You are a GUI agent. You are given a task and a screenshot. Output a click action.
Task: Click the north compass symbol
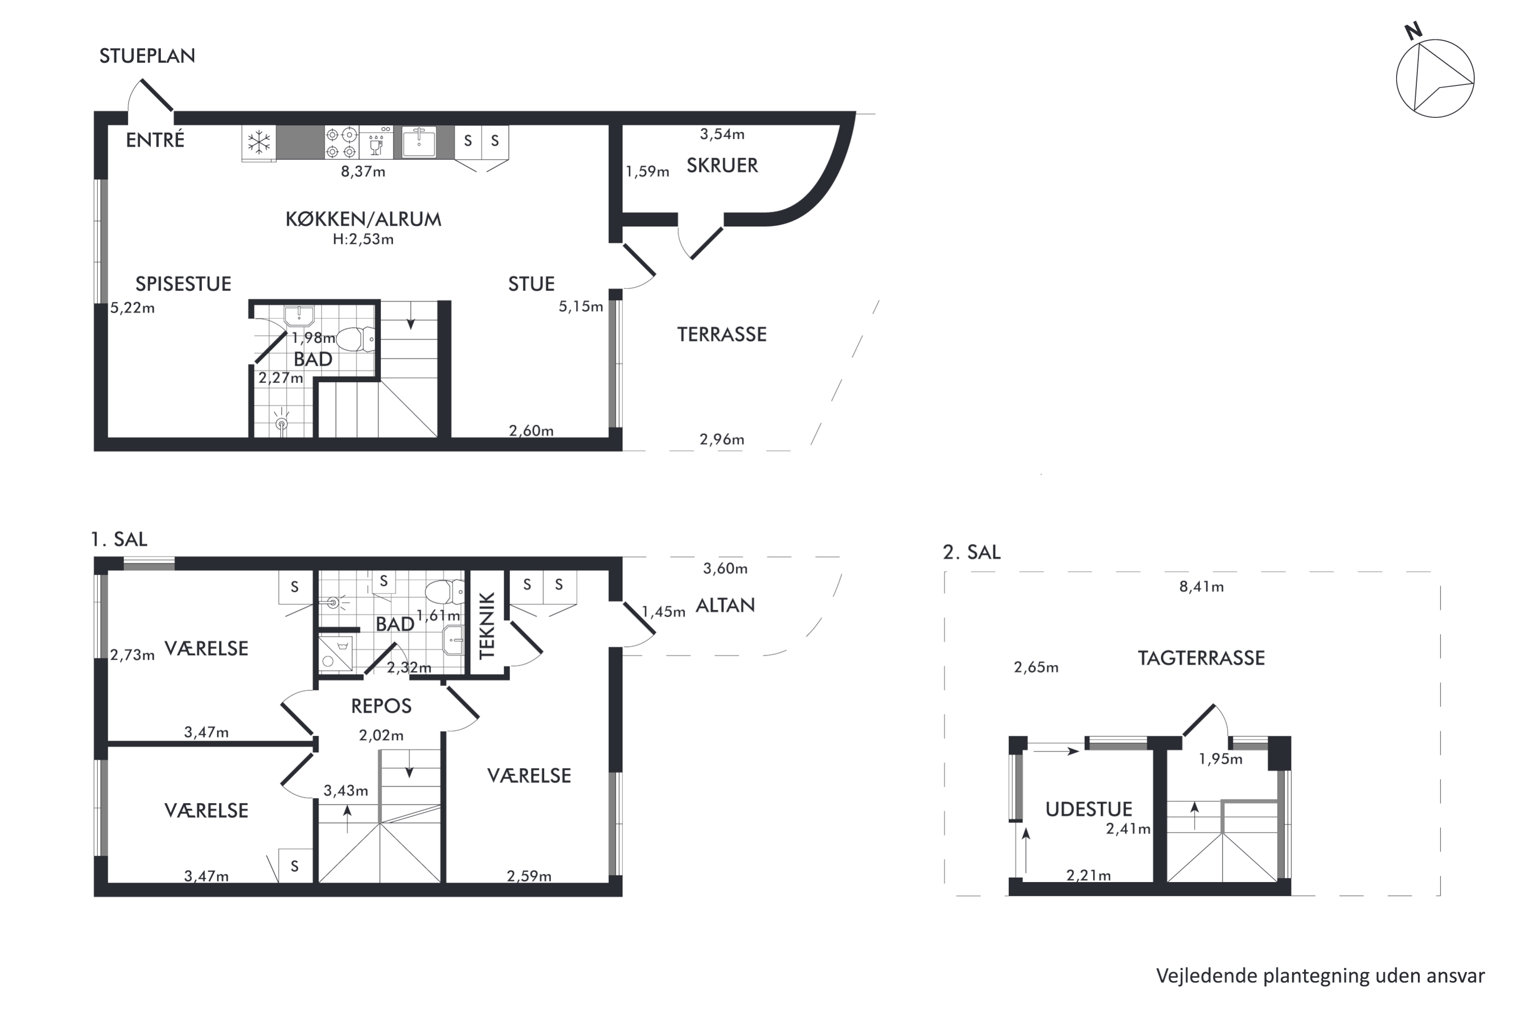(x=1435, y=76)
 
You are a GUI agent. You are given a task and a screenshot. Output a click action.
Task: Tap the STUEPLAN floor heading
(x=147, y=56)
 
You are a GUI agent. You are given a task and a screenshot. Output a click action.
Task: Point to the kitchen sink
(x=419, y=142)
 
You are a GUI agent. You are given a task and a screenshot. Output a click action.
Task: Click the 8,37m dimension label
(x=363, y=171)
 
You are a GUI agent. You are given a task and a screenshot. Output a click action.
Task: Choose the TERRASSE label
(x=722, y=335)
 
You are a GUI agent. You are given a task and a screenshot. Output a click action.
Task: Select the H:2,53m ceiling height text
(x=363, y=239)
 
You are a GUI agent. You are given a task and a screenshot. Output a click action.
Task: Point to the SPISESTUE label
(x=183, y=284)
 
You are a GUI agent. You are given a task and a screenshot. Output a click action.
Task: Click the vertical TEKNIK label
(x=487, y=625)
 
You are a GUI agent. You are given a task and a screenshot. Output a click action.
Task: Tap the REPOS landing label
(x=381, y=706)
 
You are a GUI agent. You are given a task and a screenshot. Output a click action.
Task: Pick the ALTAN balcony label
(x=725, y=606)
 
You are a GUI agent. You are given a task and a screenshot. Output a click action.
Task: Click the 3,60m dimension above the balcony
(x=725, y=569)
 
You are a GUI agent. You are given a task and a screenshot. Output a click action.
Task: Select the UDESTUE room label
(x=1089, y=809)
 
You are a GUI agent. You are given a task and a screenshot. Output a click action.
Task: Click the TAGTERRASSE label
(x=1201, y=658)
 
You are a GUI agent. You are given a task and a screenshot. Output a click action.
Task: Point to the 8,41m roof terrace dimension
(x=1201, y=587)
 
